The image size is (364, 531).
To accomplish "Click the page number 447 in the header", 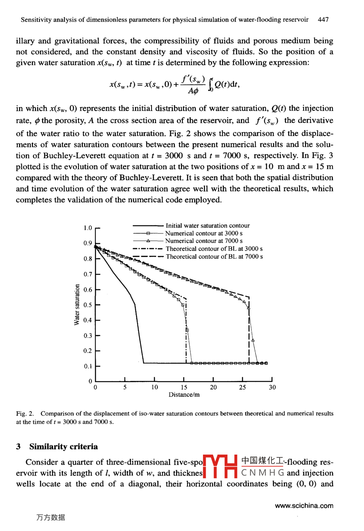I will click(x=323, y=19).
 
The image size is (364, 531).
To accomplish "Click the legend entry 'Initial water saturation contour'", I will click(x=207, y=226).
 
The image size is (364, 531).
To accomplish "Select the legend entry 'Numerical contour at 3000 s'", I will click(x=204, y=233).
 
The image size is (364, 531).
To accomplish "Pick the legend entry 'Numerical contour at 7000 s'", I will click(x=204, y=241).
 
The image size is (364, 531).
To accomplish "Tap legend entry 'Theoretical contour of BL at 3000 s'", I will click(x=214, y=249).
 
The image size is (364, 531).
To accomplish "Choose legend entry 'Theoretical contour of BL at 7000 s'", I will click(x=214, y=257).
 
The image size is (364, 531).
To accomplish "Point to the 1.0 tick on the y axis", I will click(x=88, y=228).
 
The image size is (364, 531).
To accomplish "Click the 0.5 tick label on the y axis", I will click(x=88, y=305).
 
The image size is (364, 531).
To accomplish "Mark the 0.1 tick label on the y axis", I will click(x=88, y=366).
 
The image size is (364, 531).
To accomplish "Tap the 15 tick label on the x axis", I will click(x=184, y=387).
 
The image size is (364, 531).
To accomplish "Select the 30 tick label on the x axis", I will click(x=272, y=387).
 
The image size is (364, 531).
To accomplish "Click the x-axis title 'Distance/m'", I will click(x=184, y=395).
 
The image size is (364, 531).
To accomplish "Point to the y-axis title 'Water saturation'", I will click(x=77, y=305).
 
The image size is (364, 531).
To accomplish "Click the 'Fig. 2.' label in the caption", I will click(x=25, y=414).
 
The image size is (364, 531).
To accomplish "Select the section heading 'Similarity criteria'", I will click(x=63, y=447).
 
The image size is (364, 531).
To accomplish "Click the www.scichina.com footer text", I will click(x=304, y=506).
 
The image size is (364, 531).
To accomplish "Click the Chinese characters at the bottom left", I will click(x=50, y=518).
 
